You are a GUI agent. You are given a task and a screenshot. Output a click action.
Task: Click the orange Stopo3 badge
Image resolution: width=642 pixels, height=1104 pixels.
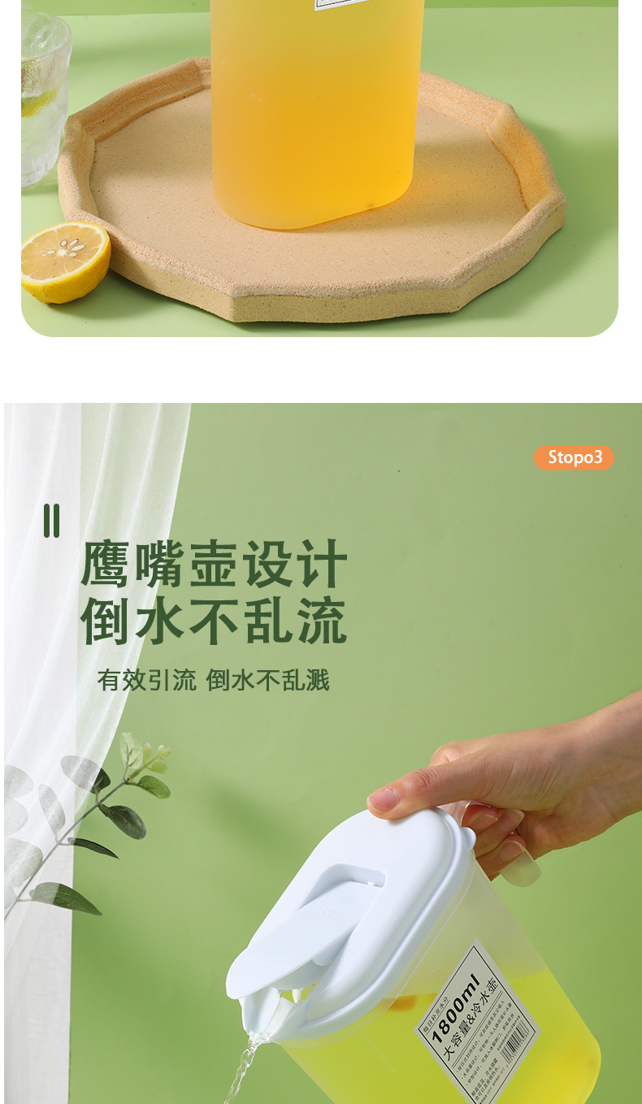click(574, 457)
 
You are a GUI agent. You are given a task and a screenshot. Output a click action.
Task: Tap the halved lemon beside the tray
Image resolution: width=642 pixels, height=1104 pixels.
click(65, 262)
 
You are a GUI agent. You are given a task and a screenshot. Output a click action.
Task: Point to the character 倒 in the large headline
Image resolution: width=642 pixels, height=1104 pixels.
click(106, 621)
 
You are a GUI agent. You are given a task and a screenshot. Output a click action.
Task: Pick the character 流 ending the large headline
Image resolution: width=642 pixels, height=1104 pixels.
click(322, 621)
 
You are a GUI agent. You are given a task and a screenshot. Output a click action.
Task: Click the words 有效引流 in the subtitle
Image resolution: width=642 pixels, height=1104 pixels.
click(146, 680)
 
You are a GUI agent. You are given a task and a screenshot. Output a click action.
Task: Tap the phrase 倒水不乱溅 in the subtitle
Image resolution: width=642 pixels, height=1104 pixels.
click(268, 680)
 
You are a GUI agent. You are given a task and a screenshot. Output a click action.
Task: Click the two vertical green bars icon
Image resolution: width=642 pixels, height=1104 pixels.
click(51, 521)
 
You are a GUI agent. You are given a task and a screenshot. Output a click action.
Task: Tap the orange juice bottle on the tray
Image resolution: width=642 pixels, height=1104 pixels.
click(317, 114)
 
